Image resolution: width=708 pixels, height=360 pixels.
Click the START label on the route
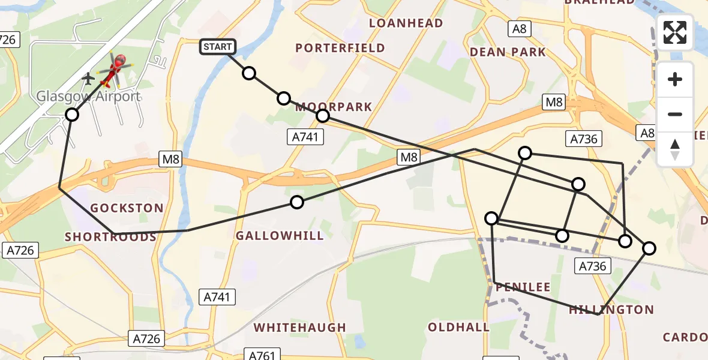coord(217,46)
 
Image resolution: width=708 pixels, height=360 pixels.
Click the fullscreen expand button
coord(675,32)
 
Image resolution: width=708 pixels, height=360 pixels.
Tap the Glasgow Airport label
coord(89,97)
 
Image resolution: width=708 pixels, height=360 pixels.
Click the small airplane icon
coord(89,78)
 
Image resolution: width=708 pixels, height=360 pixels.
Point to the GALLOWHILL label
coord(280,236)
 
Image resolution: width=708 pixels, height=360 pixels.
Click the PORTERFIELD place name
coord(341,48)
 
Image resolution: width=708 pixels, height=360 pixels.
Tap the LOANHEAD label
coord(406,23)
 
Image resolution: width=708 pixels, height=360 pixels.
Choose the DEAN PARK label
coord(508,52)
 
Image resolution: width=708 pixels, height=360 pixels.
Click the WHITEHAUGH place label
coord(300,328)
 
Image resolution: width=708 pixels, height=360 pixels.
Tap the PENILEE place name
coord(523,287)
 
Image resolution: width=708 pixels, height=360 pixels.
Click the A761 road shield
coord(262,355)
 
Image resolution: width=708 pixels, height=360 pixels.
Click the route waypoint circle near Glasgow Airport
coord(72,114)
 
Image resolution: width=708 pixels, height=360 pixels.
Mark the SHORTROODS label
coord(110,237)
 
